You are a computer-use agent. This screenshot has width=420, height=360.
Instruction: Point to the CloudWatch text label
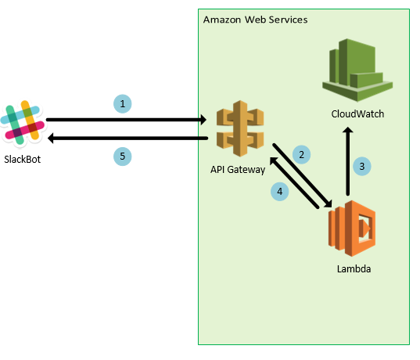coord(358,114)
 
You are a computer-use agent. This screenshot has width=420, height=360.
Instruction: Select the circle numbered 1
coord(121,103)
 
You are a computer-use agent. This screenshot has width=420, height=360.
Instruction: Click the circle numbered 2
coord(301,153)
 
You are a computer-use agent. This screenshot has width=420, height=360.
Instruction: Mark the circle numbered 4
coord(280,190)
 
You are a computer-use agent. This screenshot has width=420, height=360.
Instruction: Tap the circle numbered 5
coord(121,156)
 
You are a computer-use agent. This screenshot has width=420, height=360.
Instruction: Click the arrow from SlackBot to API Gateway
coord(125,120)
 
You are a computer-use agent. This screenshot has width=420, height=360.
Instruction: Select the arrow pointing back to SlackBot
coord(125,139)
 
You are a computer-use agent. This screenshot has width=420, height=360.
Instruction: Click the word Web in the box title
coord(254,19)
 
